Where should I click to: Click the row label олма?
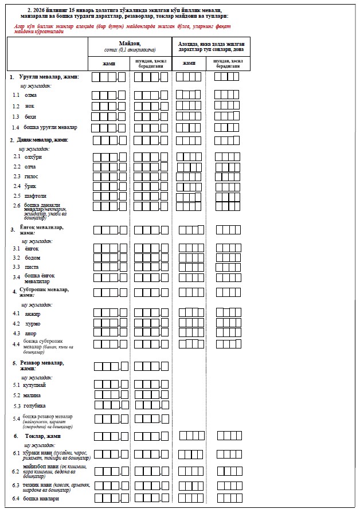click(31, 95)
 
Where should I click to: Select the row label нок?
click(30, 106)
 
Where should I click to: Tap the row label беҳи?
click(30, 116)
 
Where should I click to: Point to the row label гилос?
click(32, 176)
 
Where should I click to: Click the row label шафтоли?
click(35, 195)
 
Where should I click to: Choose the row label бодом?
click(33, 257)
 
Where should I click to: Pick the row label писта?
click(32, 267)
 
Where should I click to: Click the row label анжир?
click(33, 314)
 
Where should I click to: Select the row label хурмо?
click(33, 323)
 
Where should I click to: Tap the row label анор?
click(31, 333)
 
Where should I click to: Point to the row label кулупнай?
click(34, 385)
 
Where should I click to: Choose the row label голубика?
click(35, 406)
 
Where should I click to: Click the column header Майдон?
click(130, 44)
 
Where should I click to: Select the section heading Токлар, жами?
click(43, 436)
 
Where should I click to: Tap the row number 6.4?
click(16, 499)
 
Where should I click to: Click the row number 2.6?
click(17, 205)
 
